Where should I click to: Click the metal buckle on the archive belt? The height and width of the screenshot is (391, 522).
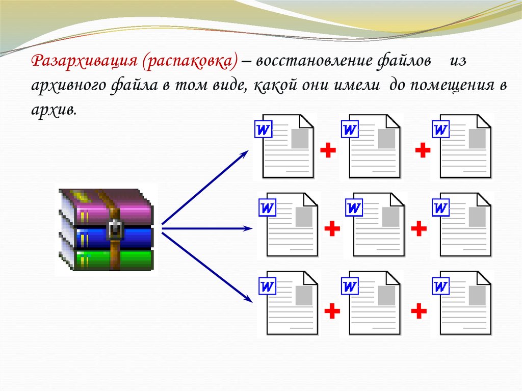116,229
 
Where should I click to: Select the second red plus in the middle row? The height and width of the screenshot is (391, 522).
419,228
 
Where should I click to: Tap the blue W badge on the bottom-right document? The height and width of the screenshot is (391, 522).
440,286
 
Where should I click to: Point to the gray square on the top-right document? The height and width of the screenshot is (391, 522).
477,139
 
